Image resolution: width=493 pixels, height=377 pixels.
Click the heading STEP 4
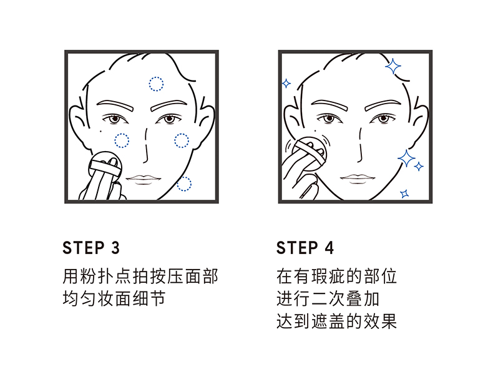coord(305,248)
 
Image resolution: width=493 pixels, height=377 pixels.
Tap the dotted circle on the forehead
coord(155,82)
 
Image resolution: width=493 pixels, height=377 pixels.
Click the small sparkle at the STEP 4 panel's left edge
coord(286,82)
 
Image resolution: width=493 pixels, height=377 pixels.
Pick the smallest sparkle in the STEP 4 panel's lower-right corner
coord(404,193)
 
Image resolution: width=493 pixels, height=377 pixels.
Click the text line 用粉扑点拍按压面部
coord(140,275)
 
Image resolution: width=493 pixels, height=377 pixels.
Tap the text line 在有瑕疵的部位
coord(336,275)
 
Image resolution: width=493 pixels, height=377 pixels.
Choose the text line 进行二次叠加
coord(328,298)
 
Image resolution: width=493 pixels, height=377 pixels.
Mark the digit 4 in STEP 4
coord(329,248)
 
